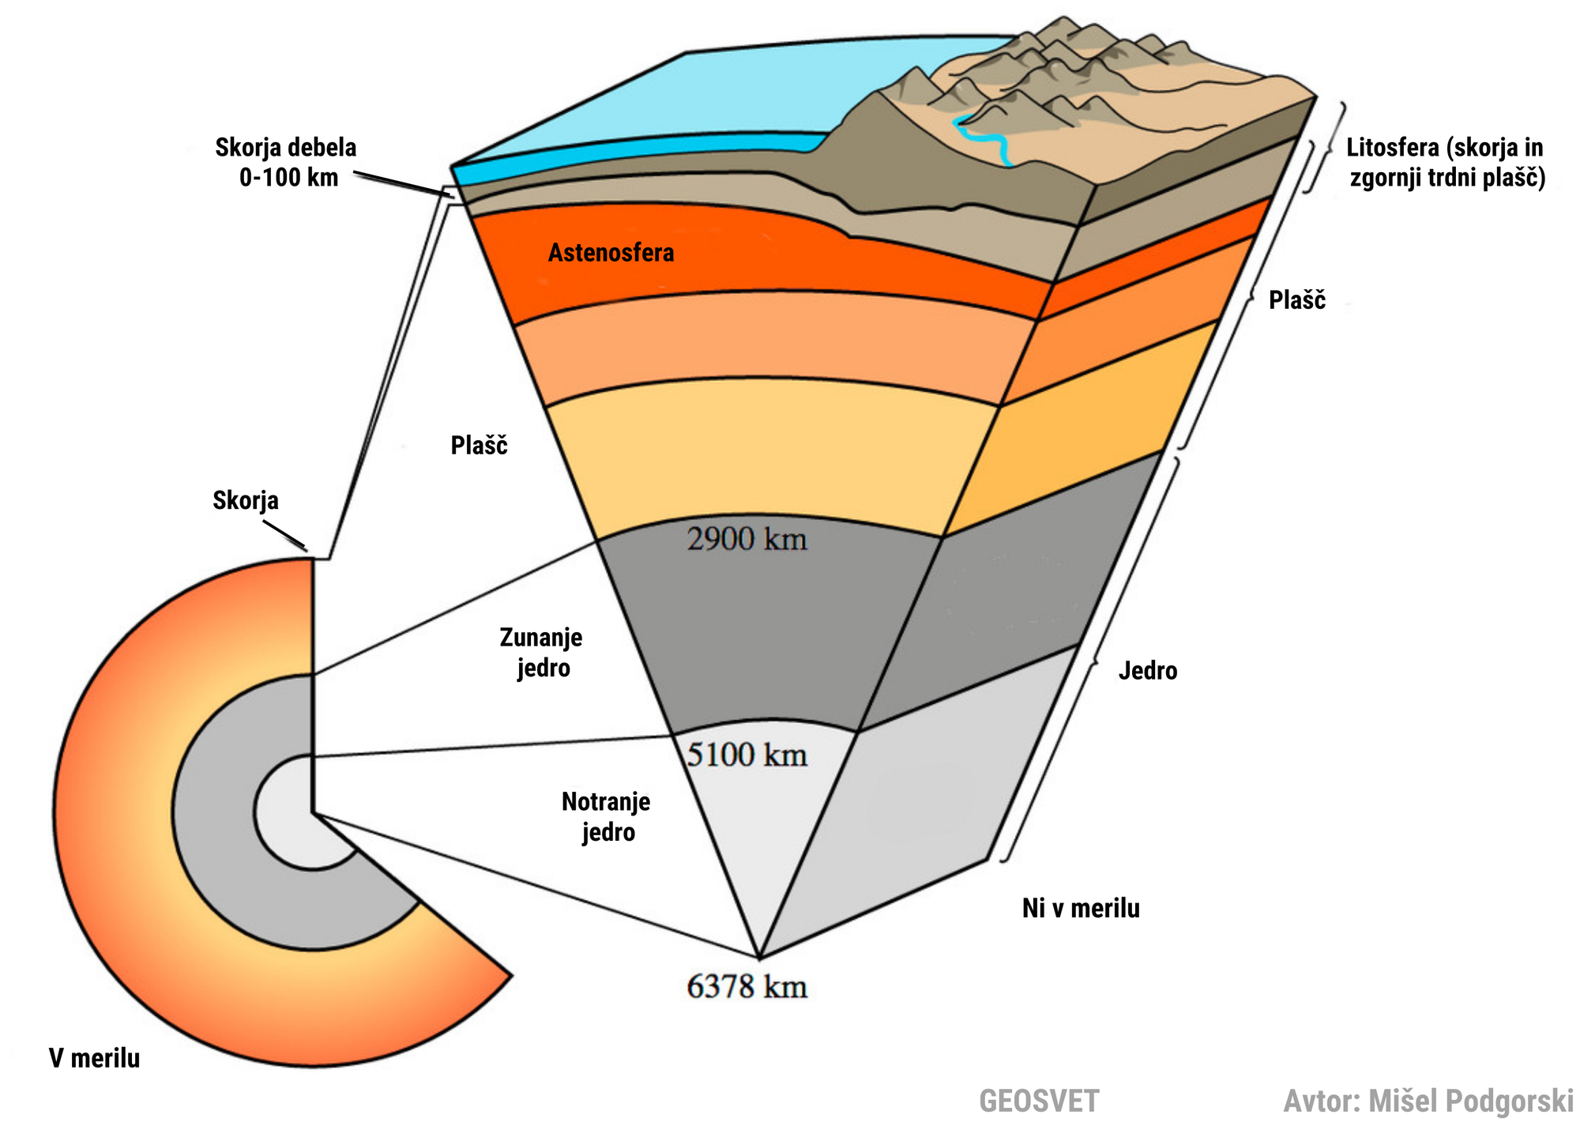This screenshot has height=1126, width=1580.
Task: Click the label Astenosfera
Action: pyautogui.click(x=611, y=253)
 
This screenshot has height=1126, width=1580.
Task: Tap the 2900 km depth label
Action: pyautogui.click(x=747, y=540)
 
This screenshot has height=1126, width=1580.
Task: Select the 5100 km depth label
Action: pyautogui.click(x=747, y=755)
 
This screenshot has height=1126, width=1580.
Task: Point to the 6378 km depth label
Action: pyautogui.click(x=747, y=987)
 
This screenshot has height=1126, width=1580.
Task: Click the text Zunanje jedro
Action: pyautogui.click(x=542, y=653)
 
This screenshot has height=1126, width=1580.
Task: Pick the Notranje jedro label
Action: pyautogui.click(x=607, y=817)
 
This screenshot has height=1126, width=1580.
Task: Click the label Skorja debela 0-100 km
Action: pyautogui.click(x=287, y=162)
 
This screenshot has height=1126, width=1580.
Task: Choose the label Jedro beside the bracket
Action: pyautogui.click(x=1148, y=671)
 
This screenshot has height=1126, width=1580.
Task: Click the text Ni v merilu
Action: pyautogui.click(x=1081, y=909)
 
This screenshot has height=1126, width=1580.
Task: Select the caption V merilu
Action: pyautogui.click(x=94, y=1058)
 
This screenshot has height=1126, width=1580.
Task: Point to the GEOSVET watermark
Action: pyautogui.click(x=1039, y=1101)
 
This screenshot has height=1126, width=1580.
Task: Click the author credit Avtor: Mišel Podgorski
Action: pyautogui.click(x=1428, y=1101)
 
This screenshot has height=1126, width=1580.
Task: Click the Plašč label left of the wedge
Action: pyautogui.click(x=479, y=446)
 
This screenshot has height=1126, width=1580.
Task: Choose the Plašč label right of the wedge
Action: pyautogui.click(x=1297, y=300)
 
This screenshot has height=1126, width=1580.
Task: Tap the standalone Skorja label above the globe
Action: pyautogui.click(x=246, y=501)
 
